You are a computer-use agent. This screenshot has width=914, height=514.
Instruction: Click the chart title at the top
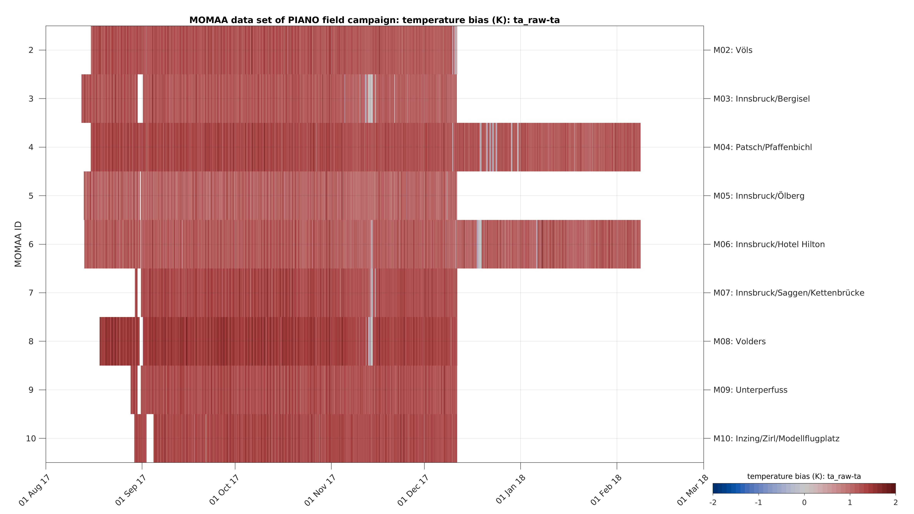coord(374,20)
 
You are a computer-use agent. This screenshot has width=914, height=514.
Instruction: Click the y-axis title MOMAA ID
coord(18,244)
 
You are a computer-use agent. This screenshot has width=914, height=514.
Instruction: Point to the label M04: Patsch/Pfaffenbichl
coord(762,147)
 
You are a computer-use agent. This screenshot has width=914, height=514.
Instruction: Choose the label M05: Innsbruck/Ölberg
coord(759,196)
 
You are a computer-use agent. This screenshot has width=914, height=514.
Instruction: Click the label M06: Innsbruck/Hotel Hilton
coord(769,244)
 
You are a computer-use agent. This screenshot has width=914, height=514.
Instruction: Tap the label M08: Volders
coord(739,342)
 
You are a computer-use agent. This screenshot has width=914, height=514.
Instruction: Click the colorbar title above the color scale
coord(804,476)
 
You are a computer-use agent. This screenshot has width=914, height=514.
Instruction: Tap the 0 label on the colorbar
coord(804,503)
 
